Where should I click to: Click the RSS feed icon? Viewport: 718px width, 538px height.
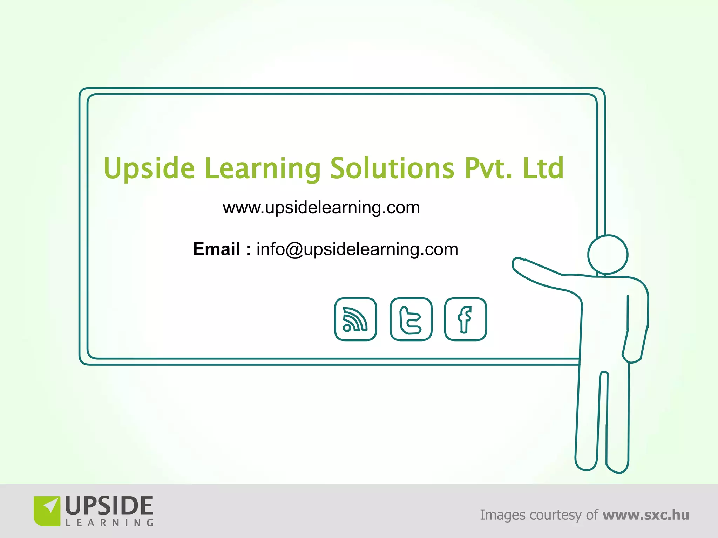355,319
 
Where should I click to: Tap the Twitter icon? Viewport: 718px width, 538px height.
411,319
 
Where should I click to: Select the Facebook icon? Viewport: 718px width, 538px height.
465,319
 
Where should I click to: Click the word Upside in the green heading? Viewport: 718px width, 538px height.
149,168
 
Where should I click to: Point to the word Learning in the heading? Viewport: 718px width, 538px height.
263,168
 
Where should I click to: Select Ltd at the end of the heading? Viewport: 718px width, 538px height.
543,168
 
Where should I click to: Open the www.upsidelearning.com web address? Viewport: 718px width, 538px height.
321,208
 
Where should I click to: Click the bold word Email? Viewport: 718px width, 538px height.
217,249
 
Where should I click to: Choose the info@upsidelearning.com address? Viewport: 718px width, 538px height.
357,249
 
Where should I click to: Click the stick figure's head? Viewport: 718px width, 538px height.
608,255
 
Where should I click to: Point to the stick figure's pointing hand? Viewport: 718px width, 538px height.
519,264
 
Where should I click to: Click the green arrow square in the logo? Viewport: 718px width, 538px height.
47,511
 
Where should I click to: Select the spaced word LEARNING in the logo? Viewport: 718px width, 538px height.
109,523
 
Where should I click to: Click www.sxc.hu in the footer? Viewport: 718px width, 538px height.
646,515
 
